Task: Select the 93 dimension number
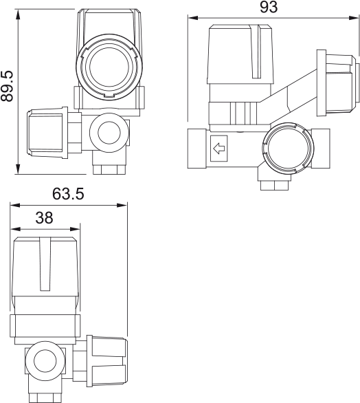[269, 8]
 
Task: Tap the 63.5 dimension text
[68, 195]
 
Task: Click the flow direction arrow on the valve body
[220, 147]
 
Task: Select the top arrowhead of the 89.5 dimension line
[16, 12]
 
